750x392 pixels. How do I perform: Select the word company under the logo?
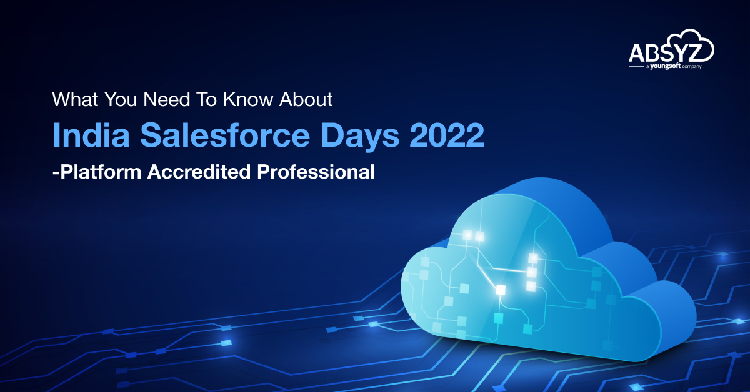point(692,66)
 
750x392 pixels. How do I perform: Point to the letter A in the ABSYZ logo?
point(637,52)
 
